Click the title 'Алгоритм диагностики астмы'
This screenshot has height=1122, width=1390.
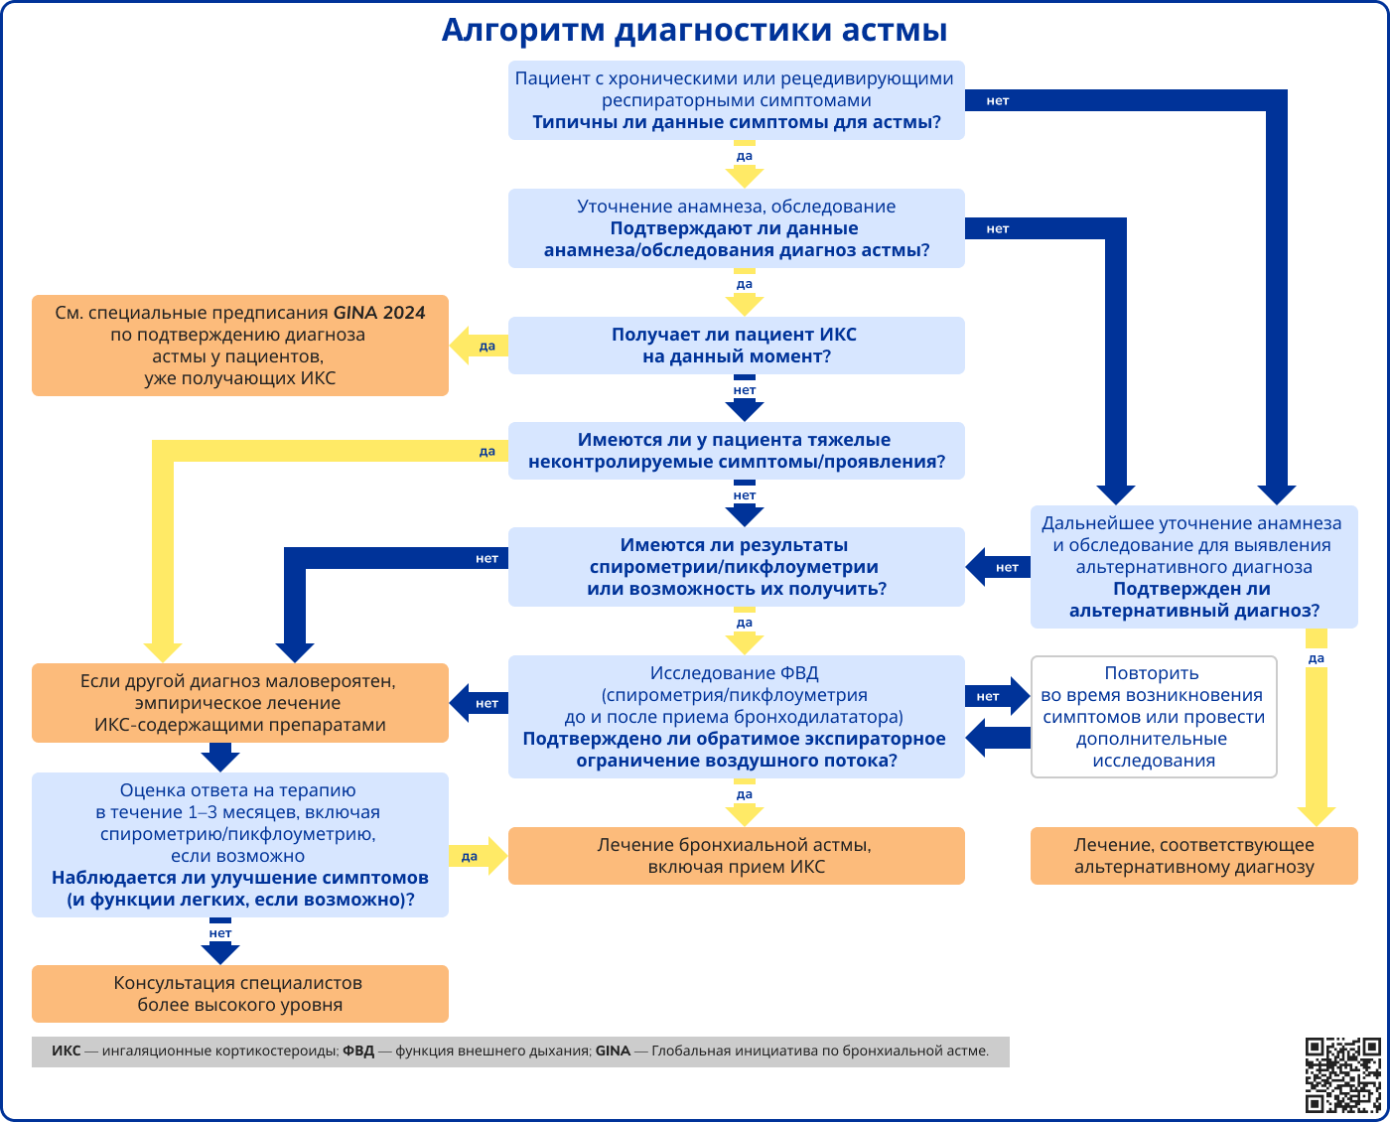(694, 30)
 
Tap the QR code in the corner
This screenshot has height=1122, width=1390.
(1342, 1074)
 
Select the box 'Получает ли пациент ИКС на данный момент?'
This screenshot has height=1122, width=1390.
(736, 346)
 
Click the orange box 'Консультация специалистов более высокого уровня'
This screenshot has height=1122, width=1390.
(239, 994)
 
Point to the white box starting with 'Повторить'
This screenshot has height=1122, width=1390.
(1154, 717)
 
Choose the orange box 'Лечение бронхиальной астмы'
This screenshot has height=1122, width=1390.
(736, 856)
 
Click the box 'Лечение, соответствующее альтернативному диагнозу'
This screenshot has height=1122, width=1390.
(1193, 856)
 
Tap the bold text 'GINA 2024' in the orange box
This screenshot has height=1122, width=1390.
(379, 313)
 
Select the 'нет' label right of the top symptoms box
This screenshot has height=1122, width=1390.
(997, 101)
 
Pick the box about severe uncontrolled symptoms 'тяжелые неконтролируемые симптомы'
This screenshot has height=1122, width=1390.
(736, 451)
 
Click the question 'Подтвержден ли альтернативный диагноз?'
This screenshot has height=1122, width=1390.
(1193, 600)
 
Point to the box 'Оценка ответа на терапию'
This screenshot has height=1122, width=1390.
(239, 845)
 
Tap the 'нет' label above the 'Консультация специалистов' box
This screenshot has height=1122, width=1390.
(220, 933)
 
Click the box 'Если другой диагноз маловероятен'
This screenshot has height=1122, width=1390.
(239, 703)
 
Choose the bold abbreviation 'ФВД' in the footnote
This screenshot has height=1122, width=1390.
(358, 1052)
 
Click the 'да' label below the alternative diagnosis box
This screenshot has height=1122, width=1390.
(1317, 658)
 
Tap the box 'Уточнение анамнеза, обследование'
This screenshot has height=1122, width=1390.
(736, 228)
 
